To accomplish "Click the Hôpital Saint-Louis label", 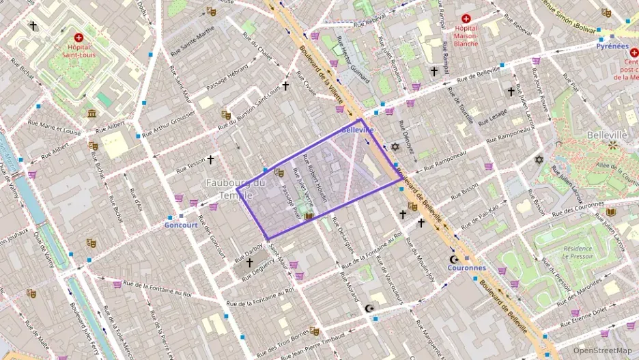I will (x=79, y=50).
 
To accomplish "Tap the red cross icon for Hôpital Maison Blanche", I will (x=466, y=18).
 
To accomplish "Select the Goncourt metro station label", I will (x=181, y=225).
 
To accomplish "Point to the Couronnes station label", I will (x=466, y=268).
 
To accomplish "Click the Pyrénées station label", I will (x=612, y=46).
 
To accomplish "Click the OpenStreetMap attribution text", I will (x=602, y=350).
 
